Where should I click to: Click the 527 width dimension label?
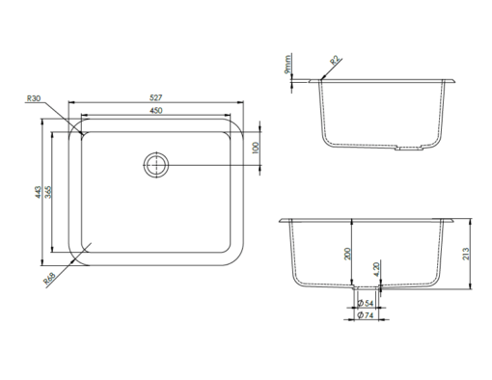click(156, 97)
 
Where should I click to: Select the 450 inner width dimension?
click(156, 111)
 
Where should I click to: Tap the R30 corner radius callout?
click(34, 98)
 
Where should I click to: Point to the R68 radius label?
click(49, 279)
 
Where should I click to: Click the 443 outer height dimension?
click(39, 192)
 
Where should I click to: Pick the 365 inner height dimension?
click(48, 192)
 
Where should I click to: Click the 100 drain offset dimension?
click(256, 148)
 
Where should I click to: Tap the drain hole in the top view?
click(156, 165)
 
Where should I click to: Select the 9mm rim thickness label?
click(287, 65)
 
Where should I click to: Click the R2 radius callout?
click(335, 61)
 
